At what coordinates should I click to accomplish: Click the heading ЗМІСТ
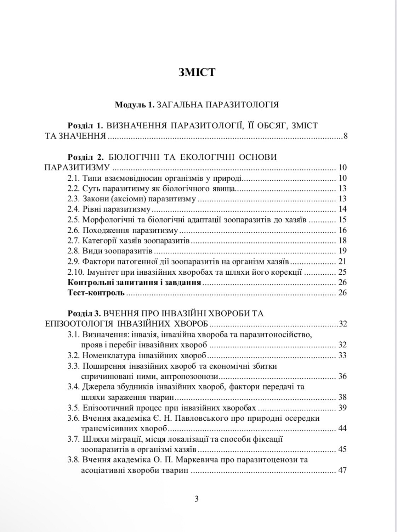coord(197,72)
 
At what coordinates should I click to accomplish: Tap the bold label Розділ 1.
coord(85,126)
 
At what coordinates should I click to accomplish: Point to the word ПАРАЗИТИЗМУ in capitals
coord(76,168)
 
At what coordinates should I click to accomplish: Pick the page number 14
coord(342,209)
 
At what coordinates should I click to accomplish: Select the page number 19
coord(342,251)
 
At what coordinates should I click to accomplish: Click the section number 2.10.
coord(75,272)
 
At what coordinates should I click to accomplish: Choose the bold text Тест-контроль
coord(96,293)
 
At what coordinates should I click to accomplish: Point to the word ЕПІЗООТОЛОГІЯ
coord(79,324)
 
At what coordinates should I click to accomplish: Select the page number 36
coord(342,376)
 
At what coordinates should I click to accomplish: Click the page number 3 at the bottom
coord(197,499)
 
